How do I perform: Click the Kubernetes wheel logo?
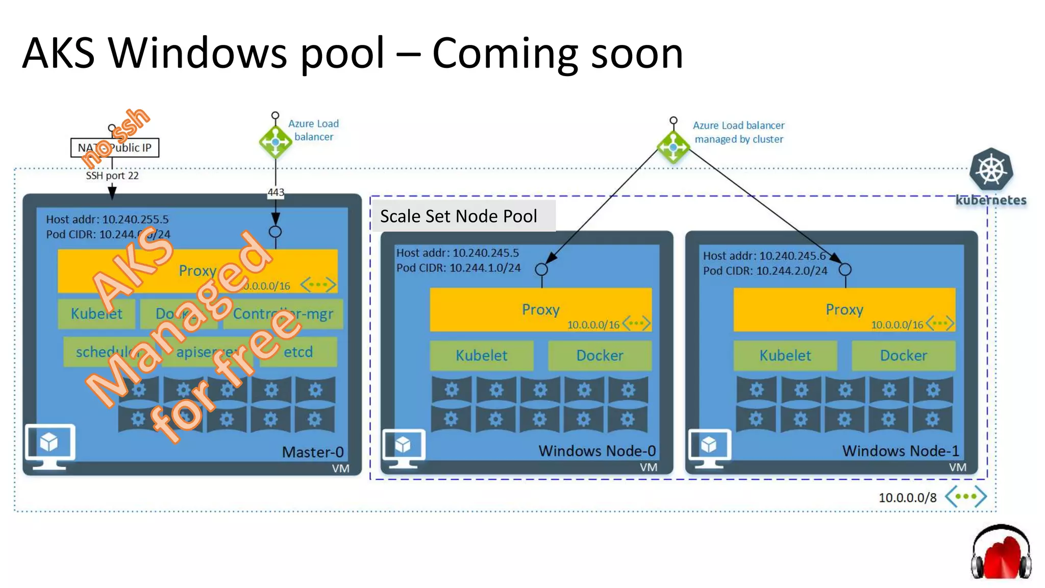[991, 169]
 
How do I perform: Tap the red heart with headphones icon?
[1001, 553]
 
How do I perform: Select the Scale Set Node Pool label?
[458, 216]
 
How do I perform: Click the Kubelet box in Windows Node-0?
[481, 355]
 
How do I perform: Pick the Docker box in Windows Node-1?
[903, 355]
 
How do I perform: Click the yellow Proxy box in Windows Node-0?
[540, 309]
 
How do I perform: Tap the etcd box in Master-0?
[298, 352]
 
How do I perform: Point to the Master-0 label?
[312, 452]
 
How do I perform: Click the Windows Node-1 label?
[900, 451]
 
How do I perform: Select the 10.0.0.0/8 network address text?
[907, 498]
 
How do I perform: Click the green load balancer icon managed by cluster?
[673, 147]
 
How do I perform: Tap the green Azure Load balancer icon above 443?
[276, 141]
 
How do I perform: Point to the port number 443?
[276, 192]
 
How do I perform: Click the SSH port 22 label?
[112, 176]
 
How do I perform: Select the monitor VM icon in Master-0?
[50, 446]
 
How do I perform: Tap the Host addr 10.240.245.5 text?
[457, 253]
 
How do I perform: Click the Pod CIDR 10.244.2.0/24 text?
[765, 271]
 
